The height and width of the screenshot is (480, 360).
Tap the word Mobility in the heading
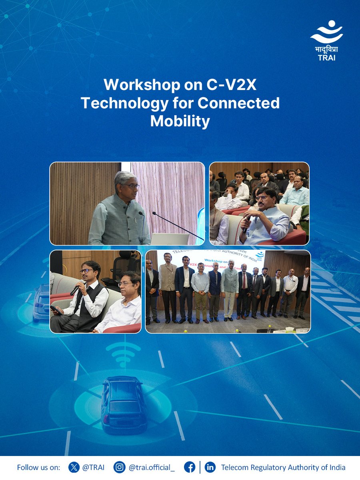[180, 121]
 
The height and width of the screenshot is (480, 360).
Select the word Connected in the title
[239, 103]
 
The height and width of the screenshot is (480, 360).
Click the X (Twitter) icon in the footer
[74, 467]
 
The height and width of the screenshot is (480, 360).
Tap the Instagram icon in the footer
[119, 467]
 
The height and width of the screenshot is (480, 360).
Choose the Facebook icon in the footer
[190, 467]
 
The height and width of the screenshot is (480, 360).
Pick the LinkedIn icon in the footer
[210, 467]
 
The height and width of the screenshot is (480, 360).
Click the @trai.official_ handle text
[152, 467]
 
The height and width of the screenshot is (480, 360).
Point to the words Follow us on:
[38, 467]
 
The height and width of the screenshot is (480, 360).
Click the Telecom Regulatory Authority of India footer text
[283, 467]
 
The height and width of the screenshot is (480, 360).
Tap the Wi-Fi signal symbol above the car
[123, 354]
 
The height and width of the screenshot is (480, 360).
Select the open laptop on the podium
[169, 239]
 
